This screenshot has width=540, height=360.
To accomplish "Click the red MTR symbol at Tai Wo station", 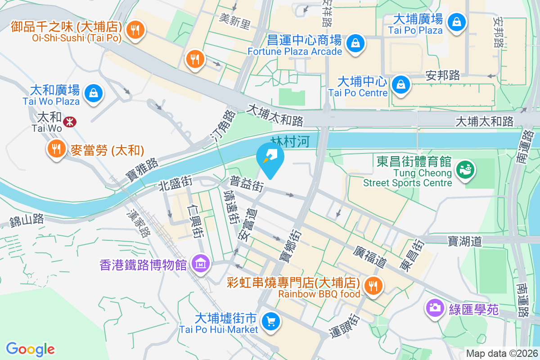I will (69, 121).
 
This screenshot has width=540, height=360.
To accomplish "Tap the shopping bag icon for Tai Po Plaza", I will (456, 22).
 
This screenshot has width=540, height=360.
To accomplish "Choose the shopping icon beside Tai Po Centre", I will (400, 84).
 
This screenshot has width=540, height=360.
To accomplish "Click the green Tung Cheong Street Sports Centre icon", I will (465, 169).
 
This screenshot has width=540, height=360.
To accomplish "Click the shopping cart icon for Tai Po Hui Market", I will (271, 321).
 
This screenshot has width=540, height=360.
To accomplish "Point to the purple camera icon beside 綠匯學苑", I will (434, 308).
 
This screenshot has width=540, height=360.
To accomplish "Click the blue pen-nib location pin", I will (270, 159).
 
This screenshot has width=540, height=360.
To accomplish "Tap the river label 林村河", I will (291, 142).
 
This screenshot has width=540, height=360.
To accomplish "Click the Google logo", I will (30, 349).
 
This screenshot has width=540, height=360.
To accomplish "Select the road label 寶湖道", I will (464, 241).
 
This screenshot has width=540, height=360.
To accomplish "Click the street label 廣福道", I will (370, 256).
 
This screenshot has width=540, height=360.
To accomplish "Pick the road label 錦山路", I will (27, 220).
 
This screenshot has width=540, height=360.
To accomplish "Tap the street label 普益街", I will (247, 184).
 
